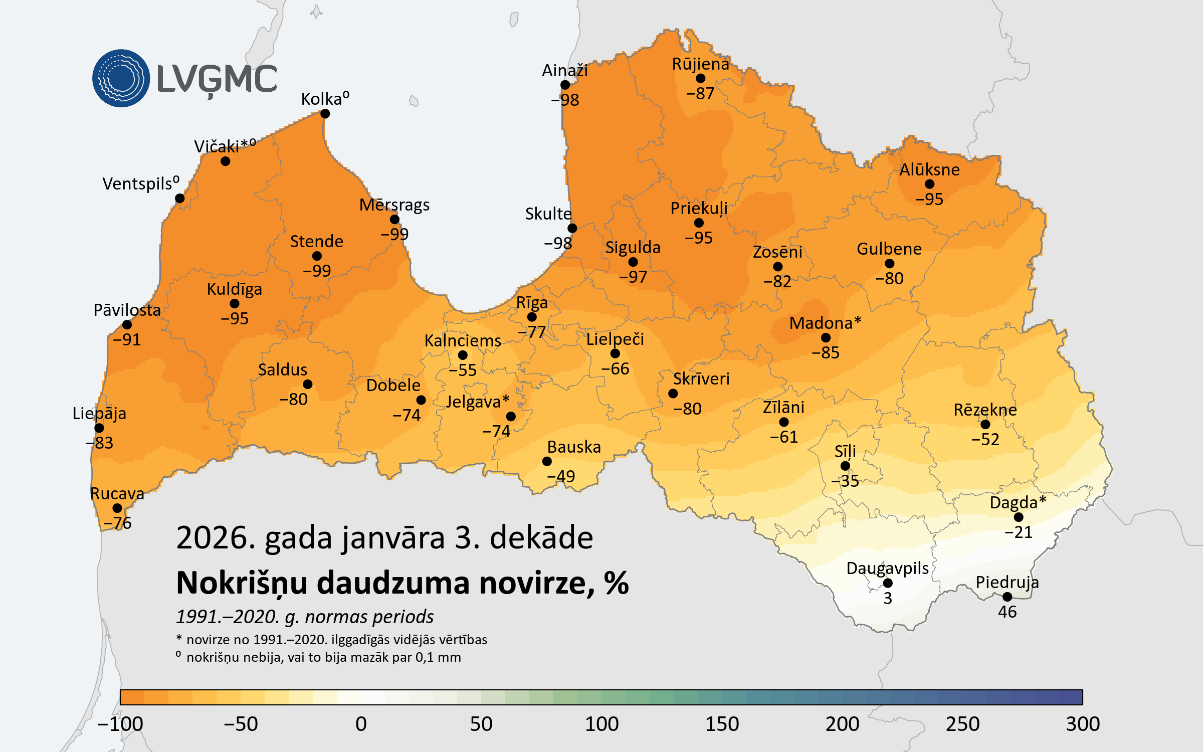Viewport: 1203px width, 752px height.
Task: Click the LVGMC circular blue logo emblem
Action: click(121, 78)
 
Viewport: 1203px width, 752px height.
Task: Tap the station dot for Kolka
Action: click(325, 114)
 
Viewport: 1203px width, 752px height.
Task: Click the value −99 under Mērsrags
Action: click(394, 234)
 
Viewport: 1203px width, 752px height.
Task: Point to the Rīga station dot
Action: click(532, 317)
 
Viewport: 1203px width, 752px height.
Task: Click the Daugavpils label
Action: click(887, 569)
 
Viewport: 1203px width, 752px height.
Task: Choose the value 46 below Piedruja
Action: click(1007, 612)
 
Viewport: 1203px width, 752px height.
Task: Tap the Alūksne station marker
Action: click(929, 184)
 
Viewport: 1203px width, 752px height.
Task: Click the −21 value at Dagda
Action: click(1019, 532)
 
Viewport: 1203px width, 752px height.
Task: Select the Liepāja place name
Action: click(99, 414)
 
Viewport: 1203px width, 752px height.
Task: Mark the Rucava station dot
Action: click(117, 508)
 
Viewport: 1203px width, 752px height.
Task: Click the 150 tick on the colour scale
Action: click(722, 724)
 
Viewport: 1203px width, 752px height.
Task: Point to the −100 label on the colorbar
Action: click(120, 724)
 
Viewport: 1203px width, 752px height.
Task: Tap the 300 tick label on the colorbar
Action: click(1083, 724)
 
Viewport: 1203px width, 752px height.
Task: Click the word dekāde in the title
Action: click(541, 538)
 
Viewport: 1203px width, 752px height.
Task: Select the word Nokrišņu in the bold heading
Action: click(242, 584)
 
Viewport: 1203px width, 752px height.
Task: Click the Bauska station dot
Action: click(547, 461)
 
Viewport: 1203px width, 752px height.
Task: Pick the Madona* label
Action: click(825, 323)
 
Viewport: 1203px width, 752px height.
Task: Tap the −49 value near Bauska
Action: click(561, 476)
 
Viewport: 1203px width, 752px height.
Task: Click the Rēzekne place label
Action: click(985, 410)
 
